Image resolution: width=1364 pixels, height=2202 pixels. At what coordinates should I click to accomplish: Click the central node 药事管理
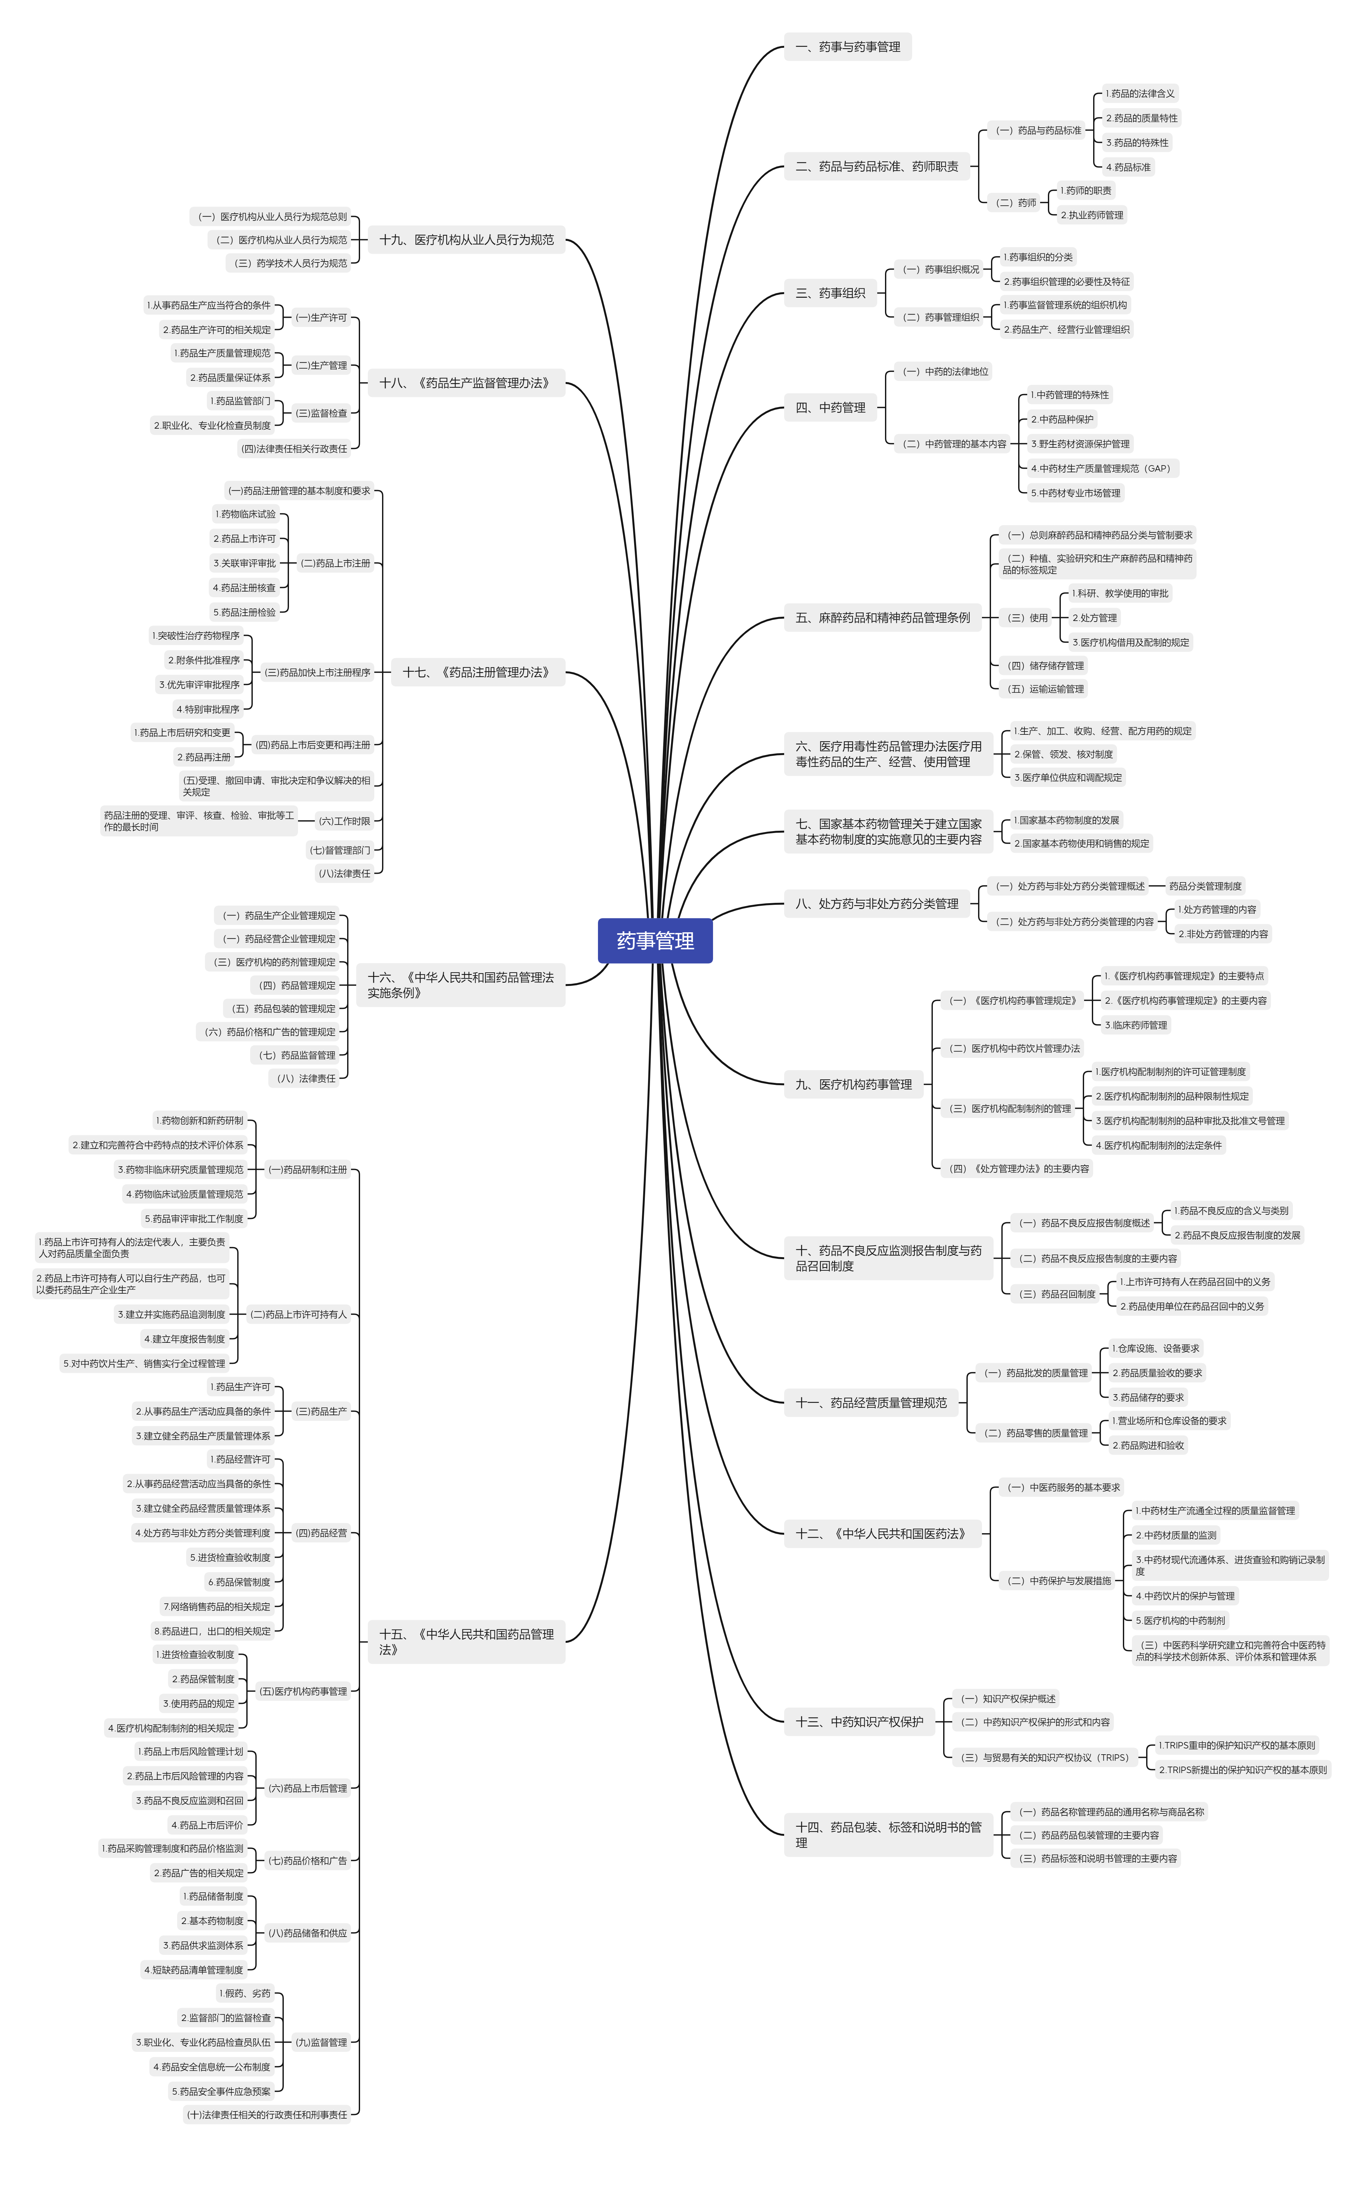click(655, 941)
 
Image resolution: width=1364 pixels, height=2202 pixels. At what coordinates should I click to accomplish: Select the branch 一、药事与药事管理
click(847, 47)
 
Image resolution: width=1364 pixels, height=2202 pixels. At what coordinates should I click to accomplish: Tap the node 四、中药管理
click(830, 408)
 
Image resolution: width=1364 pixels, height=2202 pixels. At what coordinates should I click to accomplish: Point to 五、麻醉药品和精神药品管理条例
click(882, 618)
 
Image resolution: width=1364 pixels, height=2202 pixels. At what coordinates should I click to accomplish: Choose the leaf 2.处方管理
click(1094, 618)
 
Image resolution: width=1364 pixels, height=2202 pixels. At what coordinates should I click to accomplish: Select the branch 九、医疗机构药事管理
click(853, 1084)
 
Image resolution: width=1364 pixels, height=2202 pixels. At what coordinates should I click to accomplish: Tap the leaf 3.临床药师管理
click(1136, 1025)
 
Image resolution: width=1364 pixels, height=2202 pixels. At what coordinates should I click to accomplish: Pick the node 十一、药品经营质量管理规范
click(870, 1403)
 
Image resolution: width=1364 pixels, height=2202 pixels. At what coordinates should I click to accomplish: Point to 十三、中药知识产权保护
click(859, 1721)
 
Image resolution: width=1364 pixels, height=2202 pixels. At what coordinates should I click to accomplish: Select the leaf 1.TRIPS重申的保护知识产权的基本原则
click(1236, 1745)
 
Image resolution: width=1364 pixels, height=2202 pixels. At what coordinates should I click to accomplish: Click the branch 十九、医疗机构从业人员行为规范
click(466, 240)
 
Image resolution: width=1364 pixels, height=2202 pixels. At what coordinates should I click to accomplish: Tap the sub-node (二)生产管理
click(321, 365)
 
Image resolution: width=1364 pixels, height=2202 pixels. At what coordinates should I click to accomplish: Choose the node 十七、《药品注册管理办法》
click(477, 672)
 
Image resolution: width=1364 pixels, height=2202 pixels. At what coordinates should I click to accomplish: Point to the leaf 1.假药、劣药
click(244, 1993)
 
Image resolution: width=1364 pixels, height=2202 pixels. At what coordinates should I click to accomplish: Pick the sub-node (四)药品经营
click(321, 1533)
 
